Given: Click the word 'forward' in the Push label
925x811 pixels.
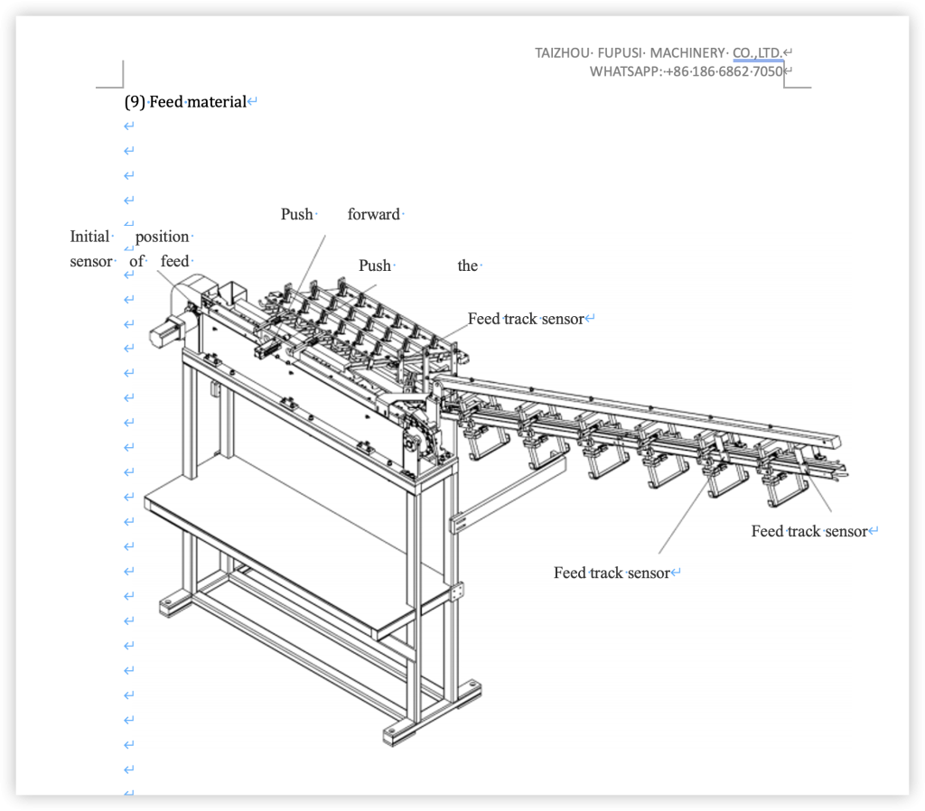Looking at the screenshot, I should coord(373,215).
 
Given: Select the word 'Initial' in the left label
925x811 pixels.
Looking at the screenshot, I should coord(89,237).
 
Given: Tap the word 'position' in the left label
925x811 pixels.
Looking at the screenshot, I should coord(163,237).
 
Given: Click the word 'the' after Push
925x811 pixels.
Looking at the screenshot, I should coord(467,266).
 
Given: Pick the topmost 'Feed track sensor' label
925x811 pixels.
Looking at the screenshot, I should coord(526,319).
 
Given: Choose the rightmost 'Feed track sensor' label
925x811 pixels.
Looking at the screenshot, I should coord(808,531).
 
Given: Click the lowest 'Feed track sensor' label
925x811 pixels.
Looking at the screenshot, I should coord(612,573).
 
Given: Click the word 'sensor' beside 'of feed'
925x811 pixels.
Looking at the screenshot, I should coord(91,262).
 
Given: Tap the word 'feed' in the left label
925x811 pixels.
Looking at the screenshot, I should coord(175,262).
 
